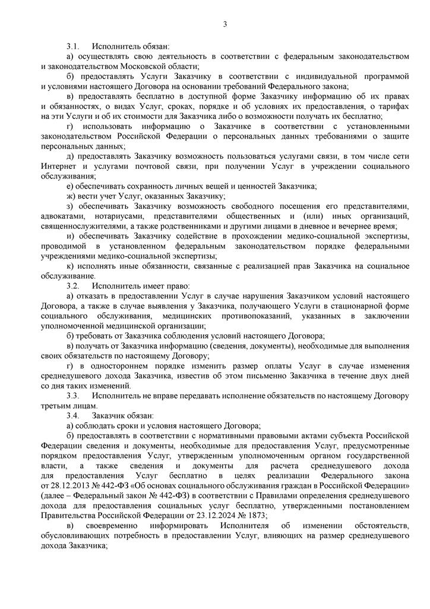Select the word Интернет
(x=57, y=166)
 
